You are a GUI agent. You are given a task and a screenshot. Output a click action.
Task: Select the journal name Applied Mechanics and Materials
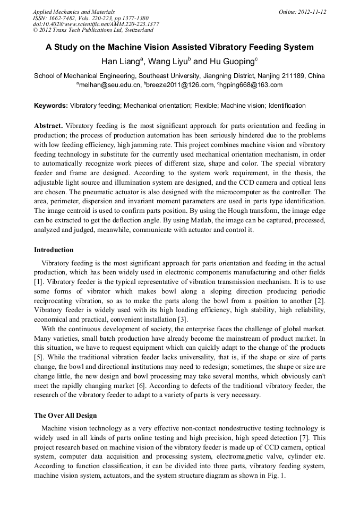(x=74, y=12)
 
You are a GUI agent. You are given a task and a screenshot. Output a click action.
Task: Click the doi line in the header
(x=96, y=24)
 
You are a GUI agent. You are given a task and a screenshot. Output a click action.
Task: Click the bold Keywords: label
(x=51, y=106)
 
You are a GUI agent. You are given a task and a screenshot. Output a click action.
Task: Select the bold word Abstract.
(x=48, y=126)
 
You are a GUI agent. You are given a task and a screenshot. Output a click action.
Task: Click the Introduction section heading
(x=54, y=250)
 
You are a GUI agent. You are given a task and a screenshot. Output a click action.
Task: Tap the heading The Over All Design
(x=65, y=415)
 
